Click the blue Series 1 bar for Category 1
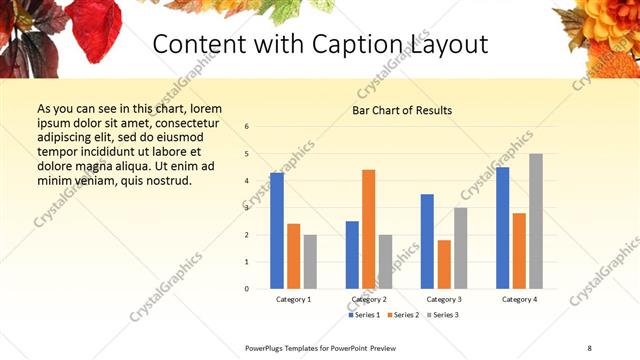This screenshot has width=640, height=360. (277, 231)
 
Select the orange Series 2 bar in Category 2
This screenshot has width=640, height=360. (368, 229)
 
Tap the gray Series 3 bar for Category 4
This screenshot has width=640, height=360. (536, 221)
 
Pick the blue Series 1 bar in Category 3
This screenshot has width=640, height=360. (427, 241)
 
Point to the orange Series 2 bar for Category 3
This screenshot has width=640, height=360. (444, 264)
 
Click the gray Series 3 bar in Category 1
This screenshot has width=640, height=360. (310, 261)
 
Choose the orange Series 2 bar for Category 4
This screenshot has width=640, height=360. (519, 251)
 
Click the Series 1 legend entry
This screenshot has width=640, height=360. (364, 315)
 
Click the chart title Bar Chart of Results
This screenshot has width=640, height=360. (402, 110)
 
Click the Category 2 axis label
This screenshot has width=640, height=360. (368, 299)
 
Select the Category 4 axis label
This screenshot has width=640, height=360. (519, 299)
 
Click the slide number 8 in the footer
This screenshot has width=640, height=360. (589, 347)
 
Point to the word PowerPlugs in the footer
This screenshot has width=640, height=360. (268, 347)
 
